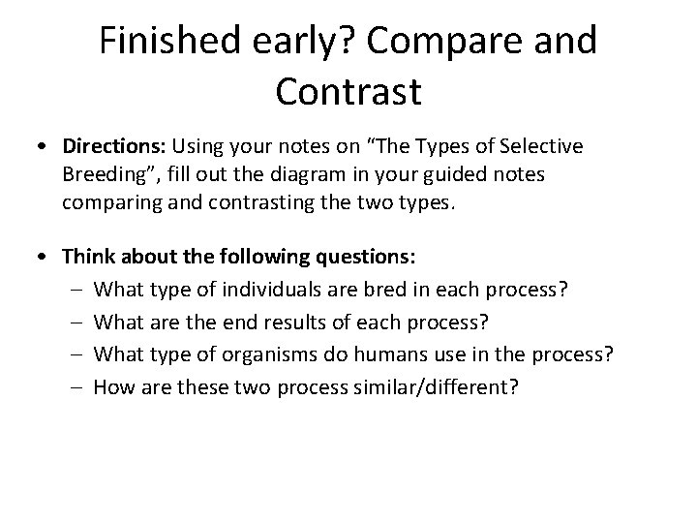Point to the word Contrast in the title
(348, 92)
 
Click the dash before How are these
(79, 385)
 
